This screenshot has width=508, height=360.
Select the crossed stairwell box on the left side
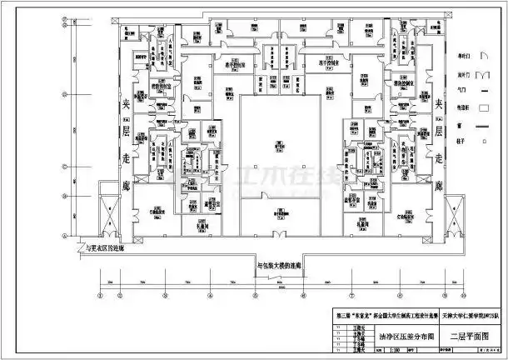[x=109, y=216]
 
